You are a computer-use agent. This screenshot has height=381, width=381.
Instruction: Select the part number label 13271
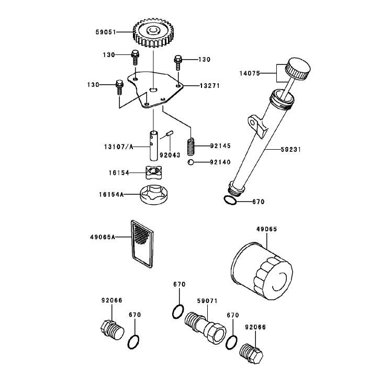pos(210,86)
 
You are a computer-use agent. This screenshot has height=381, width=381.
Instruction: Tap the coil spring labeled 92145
pos(192,147)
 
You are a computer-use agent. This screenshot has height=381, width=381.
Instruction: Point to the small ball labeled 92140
pos(190,162)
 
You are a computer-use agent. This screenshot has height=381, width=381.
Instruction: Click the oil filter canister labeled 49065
pos(262,271)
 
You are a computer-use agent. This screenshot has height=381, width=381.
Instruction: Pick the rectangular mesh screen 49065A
pos(142,244)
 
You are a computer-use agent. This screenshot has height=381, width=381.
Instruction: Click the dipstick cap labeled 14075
pos(298,69)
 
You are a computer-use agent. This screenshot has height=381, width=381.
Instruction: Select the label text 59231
pos(290,150)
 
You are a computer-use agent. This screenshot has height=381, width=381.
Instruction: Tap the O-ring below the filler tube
pos(230,200)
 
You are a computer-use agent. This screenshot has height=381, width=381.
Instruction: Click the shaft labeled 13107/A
pos(153,146)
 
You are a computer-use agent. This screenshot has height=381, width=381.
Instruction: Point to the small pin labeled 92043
pos(170,133)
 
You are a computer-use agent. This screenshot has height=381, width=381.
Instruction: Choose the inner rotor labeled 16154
pos(154,172)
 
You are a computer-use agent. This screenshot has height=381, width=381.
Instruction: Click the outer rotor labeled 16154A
pos(154,195)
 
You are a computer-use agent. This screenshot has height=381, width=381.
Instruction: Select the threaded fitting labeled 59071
pos(205,328)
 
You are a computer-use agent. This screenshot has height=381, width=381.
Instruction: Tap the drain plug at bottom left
pos(112,330)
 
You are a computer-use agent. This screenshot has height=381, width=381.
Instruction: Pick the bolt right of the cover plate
pos(178,62)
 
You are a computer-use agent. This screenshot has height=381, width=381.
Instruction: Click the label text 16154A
pos(111,195)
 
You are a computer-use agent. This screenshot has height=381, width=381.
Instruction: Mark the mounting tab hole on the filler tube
pos(253,122)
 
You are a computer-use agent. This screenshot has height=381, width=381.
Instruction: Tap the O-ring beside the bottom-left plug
pos(133,342)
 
